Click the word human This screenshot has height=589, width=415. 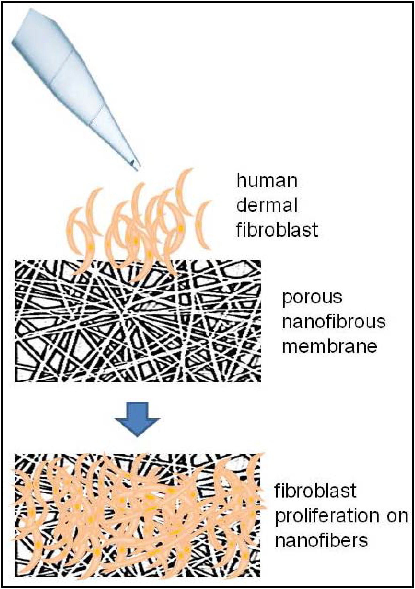point(267,181)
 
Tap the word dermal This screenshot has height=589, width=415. point(267,205)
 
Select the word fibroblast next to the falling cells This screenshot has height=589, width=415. point(277,230)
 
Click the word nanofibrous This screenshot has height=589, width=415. point(334,322)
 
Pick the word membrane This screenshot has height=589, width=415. point(329,346)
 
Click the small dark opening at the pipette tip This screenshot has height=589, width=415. point(132,162)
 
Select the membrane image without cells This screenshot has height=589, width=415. point(137,321)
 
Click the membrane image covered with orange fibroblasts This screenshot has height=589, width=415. point(137,516)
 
